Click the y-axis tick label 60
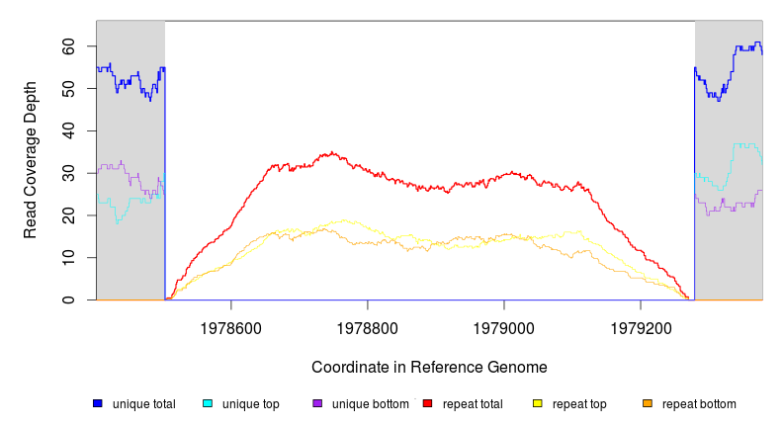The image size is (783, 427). [x=68, y=46]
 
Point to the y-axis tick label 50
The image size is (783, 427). [x=68, y=89]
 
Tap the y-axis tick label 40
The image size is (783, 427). [x=68, y=131]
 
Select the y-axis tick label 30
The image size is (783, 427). [x=68, y=173]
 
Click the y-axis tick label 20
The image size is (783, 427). [x=68, y=215]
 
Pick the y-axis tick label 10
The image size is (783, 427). [x=68, y=258]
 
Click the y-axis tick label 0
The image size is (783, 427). [x=72, y=299]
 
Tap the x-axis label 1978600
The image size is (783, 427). [x=231, y=325]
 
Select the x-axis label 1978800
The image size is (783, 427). [x=368, y=325]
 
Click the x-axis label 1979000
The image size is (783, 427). [x=504, y=325]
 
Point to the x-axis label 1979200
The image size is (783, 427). [x=641, y=325]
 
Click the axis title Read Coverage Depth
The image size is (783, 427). [x=31, y=160]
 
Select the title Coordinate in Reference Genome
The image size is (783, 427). [x=429, y=367]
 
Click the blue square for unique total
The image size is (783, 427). [x=98, y=403]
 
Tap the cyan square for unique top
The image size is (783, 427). [x=208, y=403]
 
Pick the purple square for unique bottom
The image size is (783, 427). [x=317, y=403]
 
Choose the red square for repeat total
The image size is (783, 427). [x=428, y=403]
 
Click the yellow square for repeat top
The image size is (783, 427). [x=538, y=403]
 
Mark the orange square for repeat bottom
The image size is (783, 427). [x=648, y=403]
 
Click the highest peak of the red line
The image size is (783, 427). [x=332, y=152]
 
